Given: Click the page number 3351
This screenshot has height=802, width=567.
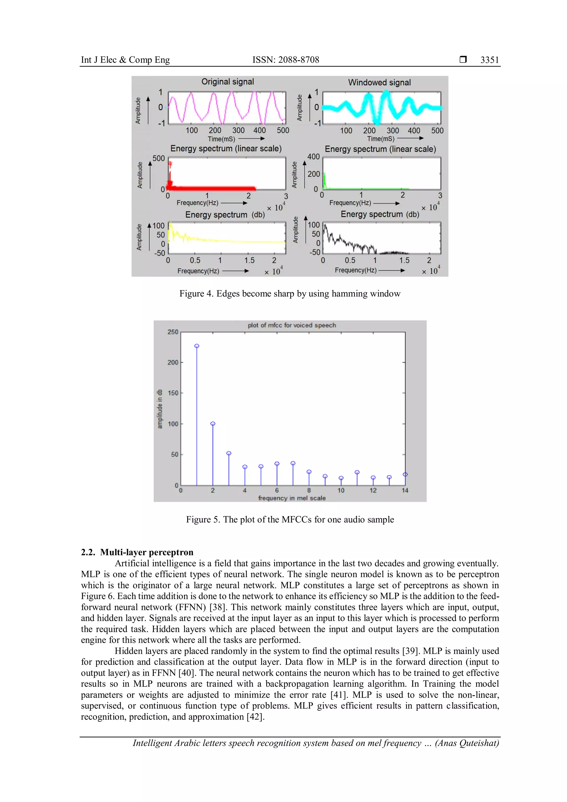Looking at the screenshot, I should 489,60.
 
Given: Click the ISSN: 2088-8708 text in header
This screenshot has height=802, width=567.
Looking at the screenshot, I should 286,60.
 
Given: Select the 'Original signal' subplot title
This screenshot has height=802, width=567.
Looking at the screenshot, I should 228,82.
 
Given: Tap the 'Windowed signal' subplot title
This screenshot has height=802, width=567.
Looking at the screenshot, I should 379,83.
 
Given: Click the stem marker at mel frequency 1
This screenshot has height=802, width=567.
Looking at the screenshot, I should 197,346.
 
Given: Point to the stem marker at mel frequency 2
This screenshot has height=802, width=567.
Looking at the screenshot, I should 213,423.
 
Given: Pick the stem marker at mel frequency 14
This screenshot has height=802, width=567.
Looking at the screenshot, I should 405,474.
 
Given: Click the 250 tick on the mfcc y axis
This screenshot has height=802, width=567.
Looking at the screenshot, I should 173,332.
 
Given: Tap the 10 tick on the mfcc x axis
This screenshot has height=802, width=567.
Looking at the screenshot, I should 341,490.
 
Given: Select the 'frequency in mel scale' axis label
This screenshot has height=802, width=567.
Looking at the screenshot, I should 292,498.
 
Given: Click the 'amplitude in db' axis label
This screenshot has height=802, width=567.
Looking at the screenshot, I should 160,409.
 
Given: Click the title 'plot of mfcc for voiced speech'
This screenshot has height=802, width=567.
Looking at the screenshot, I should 292,325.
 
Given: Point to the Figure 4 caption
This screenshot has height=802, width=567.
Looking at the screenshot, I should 290,294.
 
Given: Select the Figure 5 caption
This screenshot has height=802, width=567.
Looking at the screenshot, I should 290,520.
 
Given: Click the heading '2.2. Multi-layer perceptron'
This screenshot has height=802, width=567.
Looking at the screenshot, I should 137,552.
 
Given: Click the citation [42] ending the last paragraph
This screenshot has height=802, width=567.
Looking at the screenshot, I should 256,716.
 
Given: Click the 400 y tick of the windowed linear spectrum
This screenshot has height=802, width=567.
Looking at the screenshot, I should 313,157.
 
